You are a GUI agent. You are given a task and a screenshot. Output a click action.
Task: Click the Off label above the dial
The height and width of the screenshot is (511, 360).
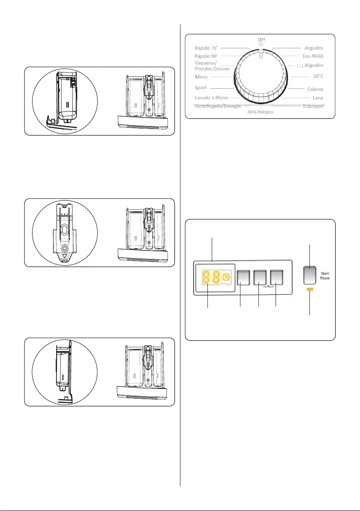click(x=261, y=39)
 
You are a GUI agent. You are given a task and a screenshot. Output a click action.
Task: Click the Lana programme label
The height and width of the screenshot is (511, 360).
click(x=318, y=98)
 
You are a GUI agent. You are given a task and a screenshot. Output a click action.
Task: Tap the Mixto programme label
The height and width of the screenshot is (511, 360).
click(x=201, y=77)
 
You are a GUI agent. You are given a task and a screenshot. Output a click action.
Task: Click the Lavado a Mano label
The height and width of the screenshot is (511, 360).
click(x=211, y=98)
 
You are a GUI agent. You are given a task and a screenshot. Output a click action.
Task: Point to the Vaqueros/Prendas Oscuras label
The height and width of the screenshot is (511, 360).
click(x=212, y=66)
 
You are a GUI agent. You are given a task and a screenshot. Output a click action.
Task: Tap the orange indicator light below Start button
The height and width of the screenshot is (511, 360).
click(x=310, y=290)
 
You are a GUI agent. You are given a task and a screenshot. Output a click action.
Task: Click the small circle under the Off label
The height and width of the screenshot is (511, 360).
click(x=261, y=45)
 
